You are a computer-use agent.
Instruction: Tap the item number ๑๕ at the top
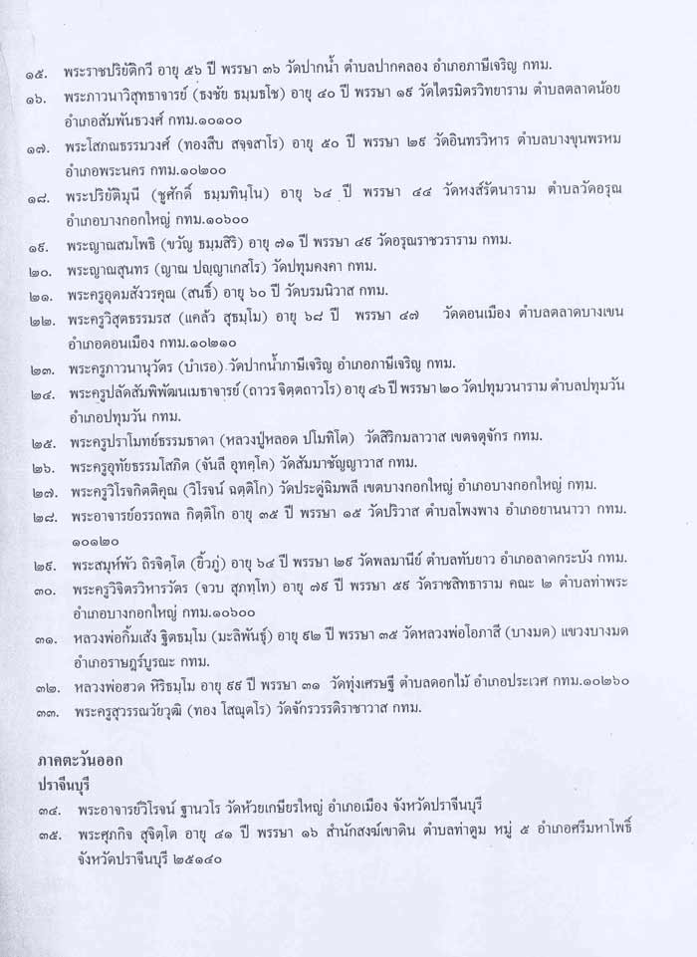point(43,75)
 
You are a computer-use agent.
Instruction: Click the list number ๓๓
point(44,711)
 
